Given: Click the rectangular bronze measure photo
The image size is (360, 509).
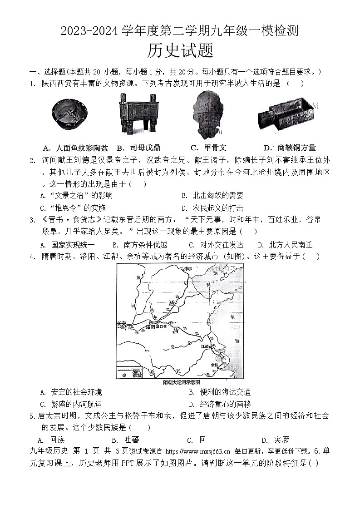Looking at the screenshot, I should click(285, 116).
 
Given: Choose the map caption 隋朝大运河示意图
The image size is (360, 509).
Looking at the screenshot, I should click(181, 382).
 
